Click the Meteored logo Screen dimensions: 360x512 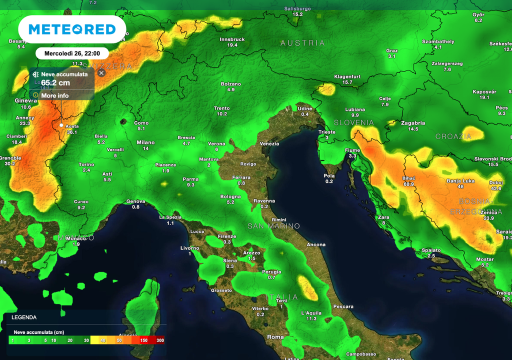point(72,29)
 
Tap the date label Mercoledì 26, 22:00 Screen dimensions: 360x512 point(72,53)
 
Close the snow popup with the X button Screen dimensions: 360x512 point(101,73)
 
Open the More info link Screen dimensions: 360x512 point(55,95)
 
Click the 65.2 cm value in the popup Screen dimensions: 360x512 point(55,82)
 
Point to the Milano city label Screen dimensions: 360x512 point(145,142)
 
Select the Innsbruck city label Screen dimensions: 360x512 point(232,39)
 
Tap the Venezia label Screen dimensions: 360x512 point(269,144)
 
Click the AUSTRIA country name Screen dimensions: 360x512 point(302,43)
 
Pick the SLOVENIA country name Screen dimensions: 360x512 point(353,122)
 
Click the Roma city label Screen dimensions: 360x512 point(275,337)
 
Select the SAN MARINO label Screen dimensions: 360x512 point(274,226)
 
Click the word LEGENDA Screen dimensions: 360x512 point(24,317)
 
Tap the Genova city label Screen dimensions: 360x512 point(135,201)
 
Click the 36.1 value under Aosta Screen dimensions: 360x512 point(72,132)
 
